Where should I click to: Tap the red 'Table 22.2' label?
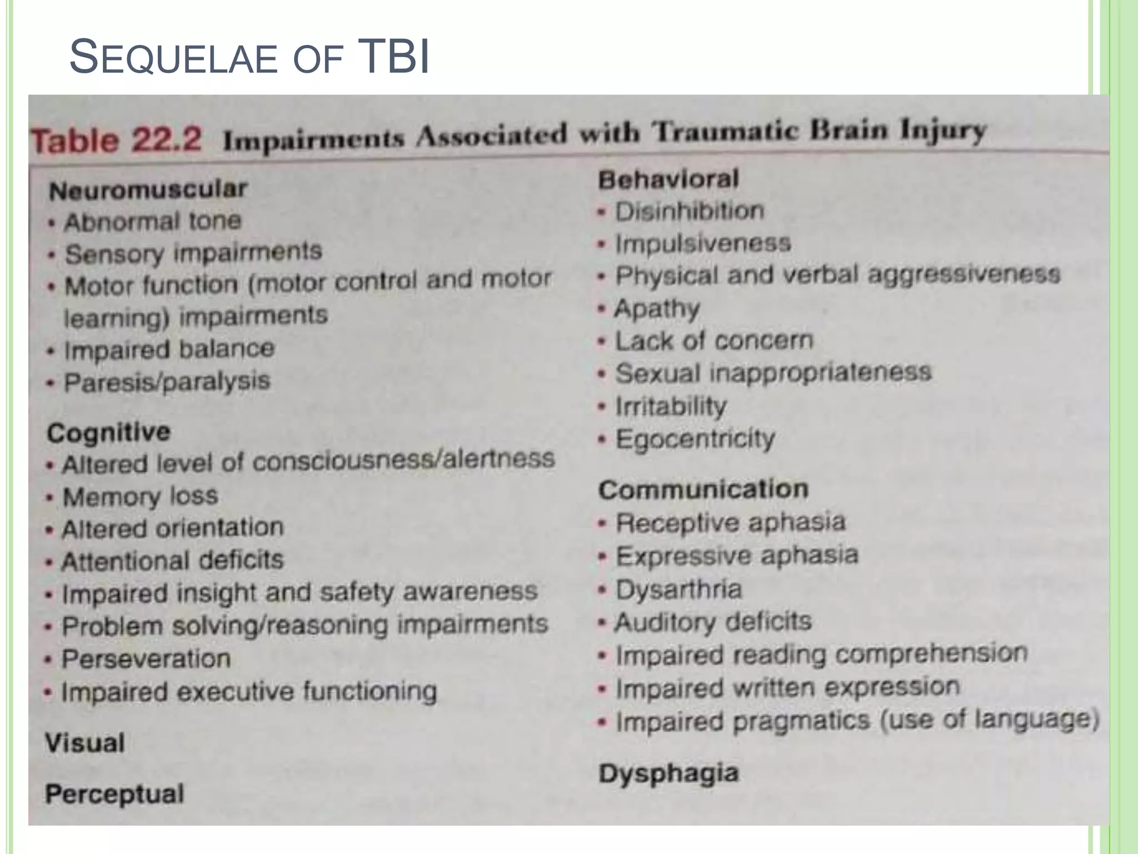coord(116,140)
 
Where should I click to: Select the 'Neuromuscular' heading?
coord(148,190)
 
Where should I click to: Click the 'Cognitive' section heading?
coord(108,432)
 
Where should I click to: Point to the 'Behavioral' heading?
coord(668,179)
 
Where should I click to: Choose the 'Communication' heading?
coord(703,490)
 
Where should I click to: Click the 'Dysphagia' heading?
coord(668,773)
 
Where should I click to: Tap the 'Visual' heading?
coord(85,743)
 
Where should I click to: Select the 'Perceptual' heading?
coord(114,793)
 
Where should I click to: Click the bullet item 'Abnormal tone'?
coord(153,222)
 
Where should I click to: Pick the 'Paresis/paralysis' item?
coord(167,382)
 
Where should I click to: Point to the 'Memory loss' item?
coord(140,496)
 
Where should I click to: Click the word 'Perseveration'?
coord(146,659)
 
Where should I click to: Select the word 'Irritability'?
coord(671,406)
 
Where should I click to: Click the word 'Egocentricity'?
coord(695,439)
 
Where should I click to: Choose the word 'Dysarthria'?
coord(678,589)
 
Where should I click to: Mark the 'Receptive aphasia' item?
coord(731,523)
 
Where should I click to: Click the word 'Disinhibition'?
coord(690,211)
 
